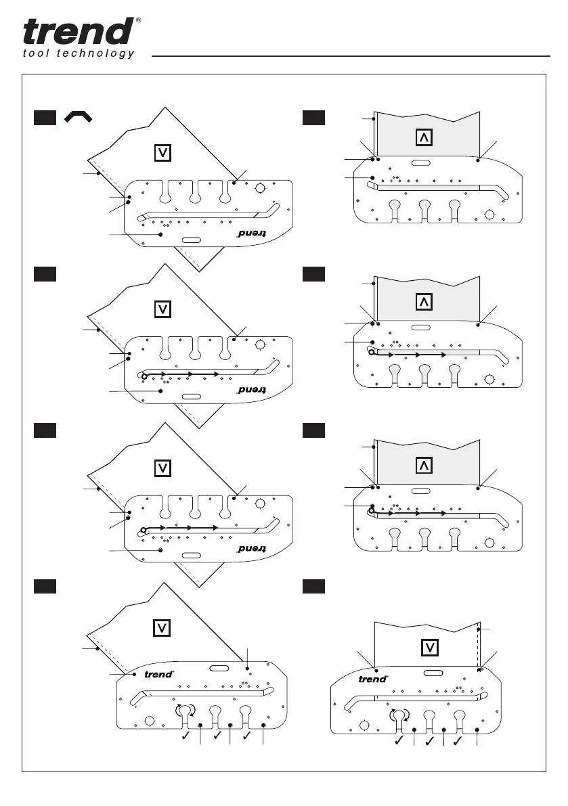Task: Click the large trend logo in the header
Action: [78, 31]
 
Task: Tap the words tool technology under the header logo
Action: [78, 54]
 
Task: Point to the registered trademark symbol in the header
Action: [138, 20]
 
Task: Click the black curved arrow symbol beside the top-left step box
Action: [79, 118]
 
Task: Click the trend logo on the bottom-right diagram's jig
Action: [372, 679]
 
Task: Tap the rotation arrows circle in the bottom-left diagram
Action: [184, 710]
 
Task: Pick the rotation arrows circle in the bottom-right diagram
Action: [397, 715]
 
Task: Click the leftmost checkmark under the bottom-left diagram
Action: [185, 741]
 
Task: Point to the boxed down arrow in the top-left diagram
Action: [162, 154]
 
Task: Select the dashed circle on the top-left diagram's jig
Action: [259, 192]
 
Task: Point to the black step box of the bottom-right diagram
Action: [313, 589]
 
